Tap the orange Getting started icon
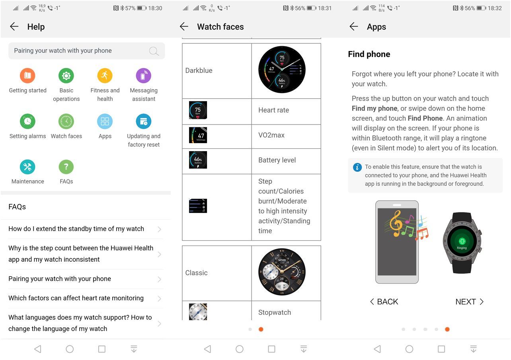tap(27, 76)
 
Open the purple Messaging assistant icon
tap(144, 76)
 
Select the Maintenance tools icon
tap(27, 167)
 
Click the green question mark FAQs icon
tap(66, 167)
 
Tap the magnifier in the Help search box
tap(154, 51)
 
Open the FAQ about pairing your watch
tap(60, 278)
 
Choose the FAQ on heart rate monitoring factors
tap(76, 298)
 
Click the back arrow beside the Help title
tap(14, 26)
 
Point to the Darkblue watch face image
tap(282, 70)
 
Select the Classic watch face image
tap(282, 272)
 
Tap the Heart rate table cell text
tap(273, 110)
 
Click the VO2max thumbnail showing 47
tap(198, 135)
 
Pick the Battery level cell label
tap(277, 160)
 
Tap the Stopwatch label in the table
tap(275, 312)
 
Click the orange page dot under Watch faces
tap(261, 329)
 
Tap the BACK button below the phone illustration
tap(384, 302)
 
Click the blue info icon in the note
tap(357, 167)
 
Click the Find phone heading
tap(369, 54)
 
